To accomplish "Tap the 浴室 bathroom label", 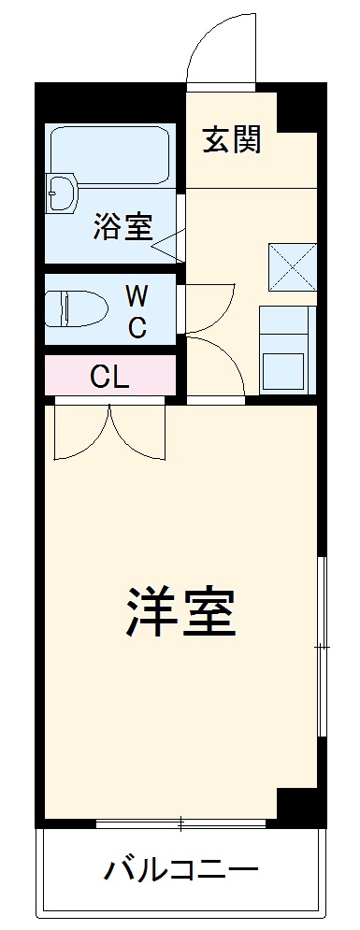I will pyautogui.click(x=122, y=227).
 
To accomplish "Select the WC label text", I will pyautogui.click(x=137, y=312).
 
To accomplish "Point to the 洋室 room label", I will pyautogui.click(x=180, y=612).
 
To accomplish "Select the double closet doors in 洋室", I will pyautogui.click(x=109, y=430).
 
